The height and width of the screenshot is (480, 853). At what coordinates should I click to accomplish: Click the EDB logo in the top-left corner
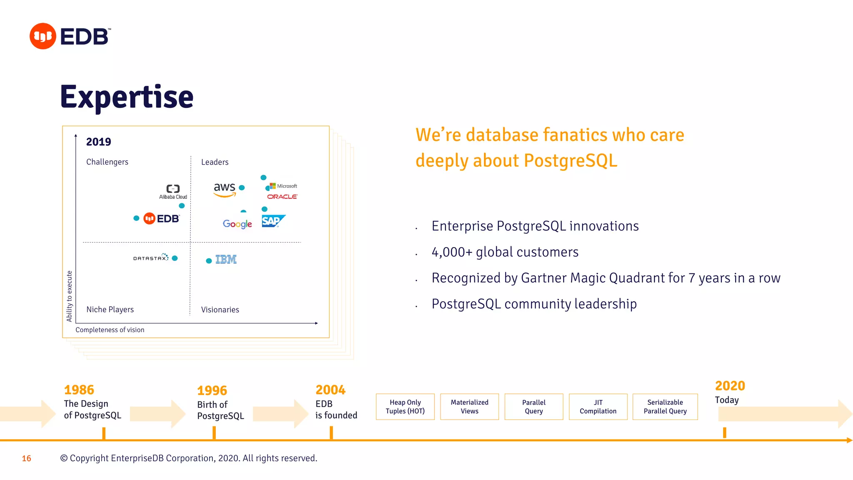[70, 36]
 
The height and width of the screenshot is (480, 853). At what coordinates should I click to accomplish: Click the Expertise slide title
[127, 97]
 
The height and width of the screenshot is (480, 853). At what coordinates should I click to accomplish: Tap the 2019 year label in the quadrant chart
[98, 142]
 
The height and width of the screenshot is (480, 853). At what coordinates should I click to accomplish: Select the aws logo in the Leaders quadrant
[224, 189]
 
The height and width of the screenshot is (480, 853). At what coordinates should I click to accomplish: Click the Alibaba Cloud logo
[173, 192]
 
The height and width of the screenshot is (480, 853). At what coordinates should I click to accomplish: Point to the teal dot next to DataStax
[175, 258]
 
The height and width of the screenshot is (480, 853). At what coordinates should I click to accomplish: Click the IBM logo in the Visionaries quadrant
[226, 260]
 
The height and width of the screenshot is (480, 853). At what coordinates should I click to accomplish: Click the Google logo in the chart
[237, 224]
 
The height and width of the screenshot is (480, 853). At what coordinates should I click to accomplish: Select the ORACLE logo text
[282, 197]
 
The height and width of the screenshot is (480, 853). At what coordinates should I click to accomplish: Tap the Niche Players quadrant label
[110, 310]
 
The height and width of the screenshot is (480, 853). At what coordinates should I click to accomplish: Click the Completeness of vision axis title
[110, 330]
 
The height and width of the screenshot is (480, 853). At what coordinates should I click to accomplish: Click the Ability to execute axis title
[69, 296]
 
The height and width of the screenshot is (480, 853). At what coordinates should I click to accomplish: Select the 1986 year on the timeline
[79, 390]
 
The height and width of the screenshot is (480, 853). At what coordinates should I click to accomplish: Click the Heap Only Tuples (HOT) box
[405, 407]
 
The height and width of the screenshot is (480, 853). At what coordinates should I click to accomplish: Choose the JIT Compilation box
[598, 407]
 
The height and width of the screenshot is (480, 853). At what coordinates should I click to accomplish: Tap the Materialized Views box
[469, 407]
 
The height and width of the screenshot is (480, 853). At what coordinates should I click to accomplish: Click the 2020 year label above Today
[730, 385]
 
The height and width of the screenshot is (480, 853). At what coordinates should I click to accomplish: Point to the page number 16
[26, 458]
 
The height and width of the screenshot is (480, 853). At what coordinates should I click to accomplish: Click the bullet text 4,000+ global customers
[505, 252]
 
